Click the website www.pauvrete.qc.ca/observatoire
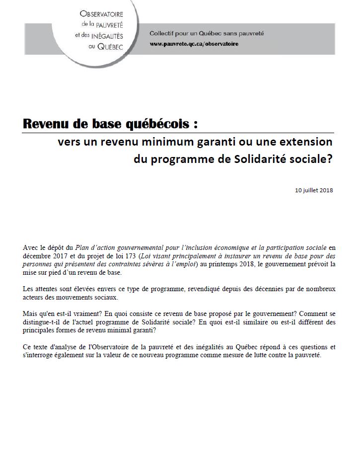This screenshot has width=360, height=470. click(x=194, y=44)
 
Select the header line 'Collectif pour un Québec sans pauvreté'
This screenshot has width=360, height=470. click(x=207, y=34)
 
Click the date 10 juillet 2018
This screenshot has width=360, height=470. click(x=313, y=190)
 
